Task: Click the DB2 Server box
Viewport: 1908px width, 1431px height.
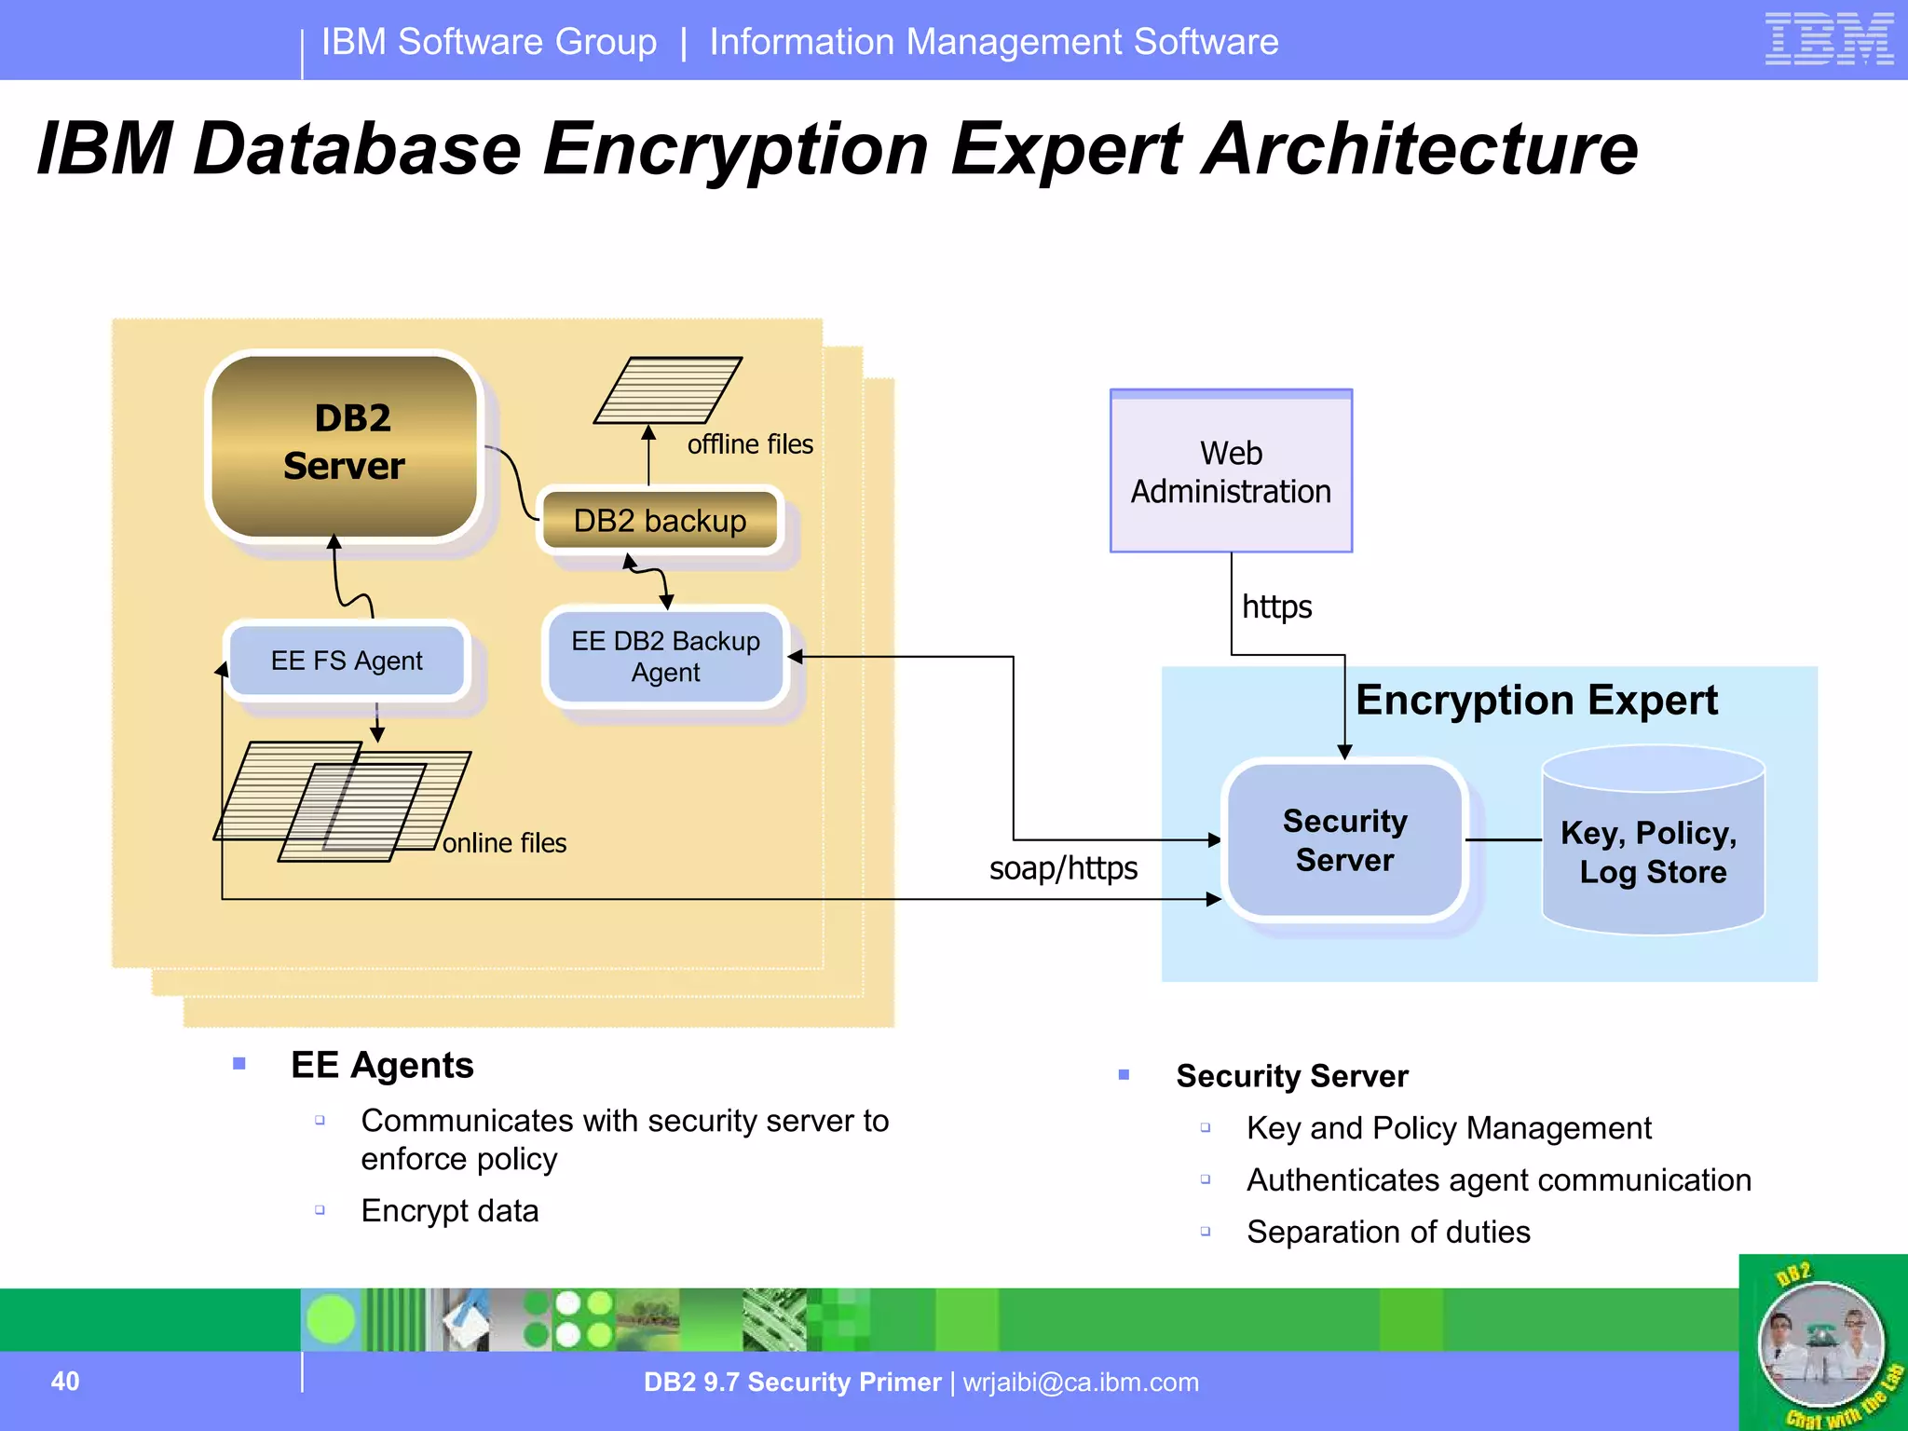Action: click(x=344, y=445)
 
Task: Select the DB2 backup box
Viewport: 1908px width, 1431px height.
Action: click(x=660, y=520)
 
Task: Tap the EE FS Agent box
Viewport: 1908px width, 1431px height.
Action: click(x=347, y=661)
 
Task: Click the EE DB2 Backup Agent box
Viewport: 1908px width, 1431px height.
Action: click(x=665, y=657)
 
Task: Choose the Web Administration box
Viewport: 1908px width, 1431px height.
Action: click(x=1231, y=471)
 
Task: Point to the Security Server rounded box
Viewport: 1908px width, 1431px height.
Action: click(x=1344, y=839)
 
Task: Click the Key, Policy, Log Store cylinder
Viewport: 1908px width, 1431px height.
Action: click(x=1653, y=843)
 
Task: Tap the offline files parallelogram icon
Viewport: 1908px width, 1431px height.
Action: click(x=668, y=390)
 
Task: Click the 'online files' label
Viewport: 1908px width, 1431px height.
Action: click(x=504, y=843)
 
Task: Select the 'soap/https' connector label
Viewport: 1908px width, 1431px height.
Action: click(x=1063, y=868)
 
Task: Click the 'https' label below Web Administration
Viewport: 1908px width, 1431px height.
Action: click(x=1276, y=607)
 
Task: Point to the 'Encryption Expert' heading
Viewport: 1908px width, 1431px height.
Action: click(x=1536, y=701)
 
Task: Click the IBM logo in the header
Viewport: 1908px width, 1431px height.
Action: click(x=1829, y=39)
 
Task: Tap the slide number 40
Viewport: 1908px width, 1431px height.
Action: click(x=65, y=1381)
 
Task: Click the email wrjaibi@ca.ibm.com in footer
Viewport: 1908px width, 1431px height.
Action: click(x=1081, y=1382)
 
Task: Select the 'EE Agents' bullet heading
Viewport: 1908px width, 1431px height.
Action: click(x=382, y=1065)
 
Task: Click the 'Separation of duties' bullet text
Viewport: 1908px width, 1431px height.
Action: click(x=1388, y=1232)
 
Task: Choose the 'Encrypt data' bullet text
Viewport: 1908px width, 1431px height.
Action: click(x=450, y=1210)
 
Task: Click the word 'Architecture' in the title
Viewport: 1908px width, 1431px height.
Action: click(x=1419, y=149)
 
